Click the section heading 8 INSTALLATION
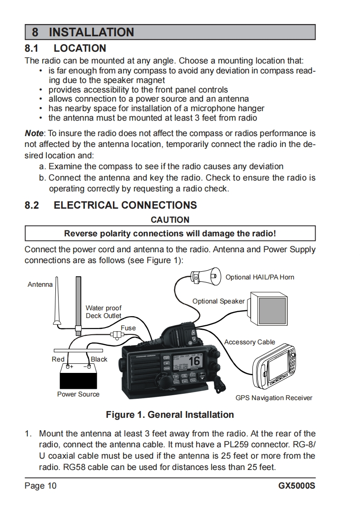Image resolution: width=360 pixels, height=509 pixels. coord(83,32)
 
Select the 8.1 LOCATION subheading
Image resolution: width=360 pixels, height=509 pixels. coord(66,48)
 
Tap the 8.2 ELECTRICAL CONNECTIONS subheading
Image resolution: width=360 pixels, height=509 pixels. coord(111,205)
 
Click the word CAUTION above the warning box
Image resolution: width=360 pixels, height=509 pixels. coord(170,220)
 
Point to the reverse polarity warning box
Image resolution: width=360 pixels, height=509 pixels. coord(170,234)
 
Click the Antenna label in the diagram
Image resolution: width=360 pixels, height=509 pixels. coord(40,284)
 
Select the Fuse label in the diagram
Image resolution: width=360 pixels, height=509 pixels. coord(128,328)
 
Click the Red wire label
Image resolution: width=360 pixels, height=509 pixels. coord(58,359)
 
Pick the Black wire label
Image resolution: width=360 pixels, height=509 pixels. coord(99,359)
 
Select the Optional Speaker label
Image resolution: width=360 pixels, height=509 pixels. coord(218,301)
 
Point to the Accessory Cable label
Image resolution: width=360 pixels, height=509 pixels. coord(250,342)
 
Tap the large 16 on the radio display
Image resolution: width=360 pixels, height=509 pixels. coord(194,361)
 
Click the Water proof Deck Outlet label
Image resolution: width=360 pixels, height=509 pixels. coord(104,312)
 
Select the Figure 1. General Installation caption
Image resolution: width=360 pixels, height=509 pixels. coord(170,415)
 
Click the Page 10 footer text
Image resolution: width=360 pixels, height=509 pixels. coord(41,486)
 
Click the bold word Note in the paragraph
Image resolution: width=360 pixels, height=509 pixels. coord(34,133)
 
